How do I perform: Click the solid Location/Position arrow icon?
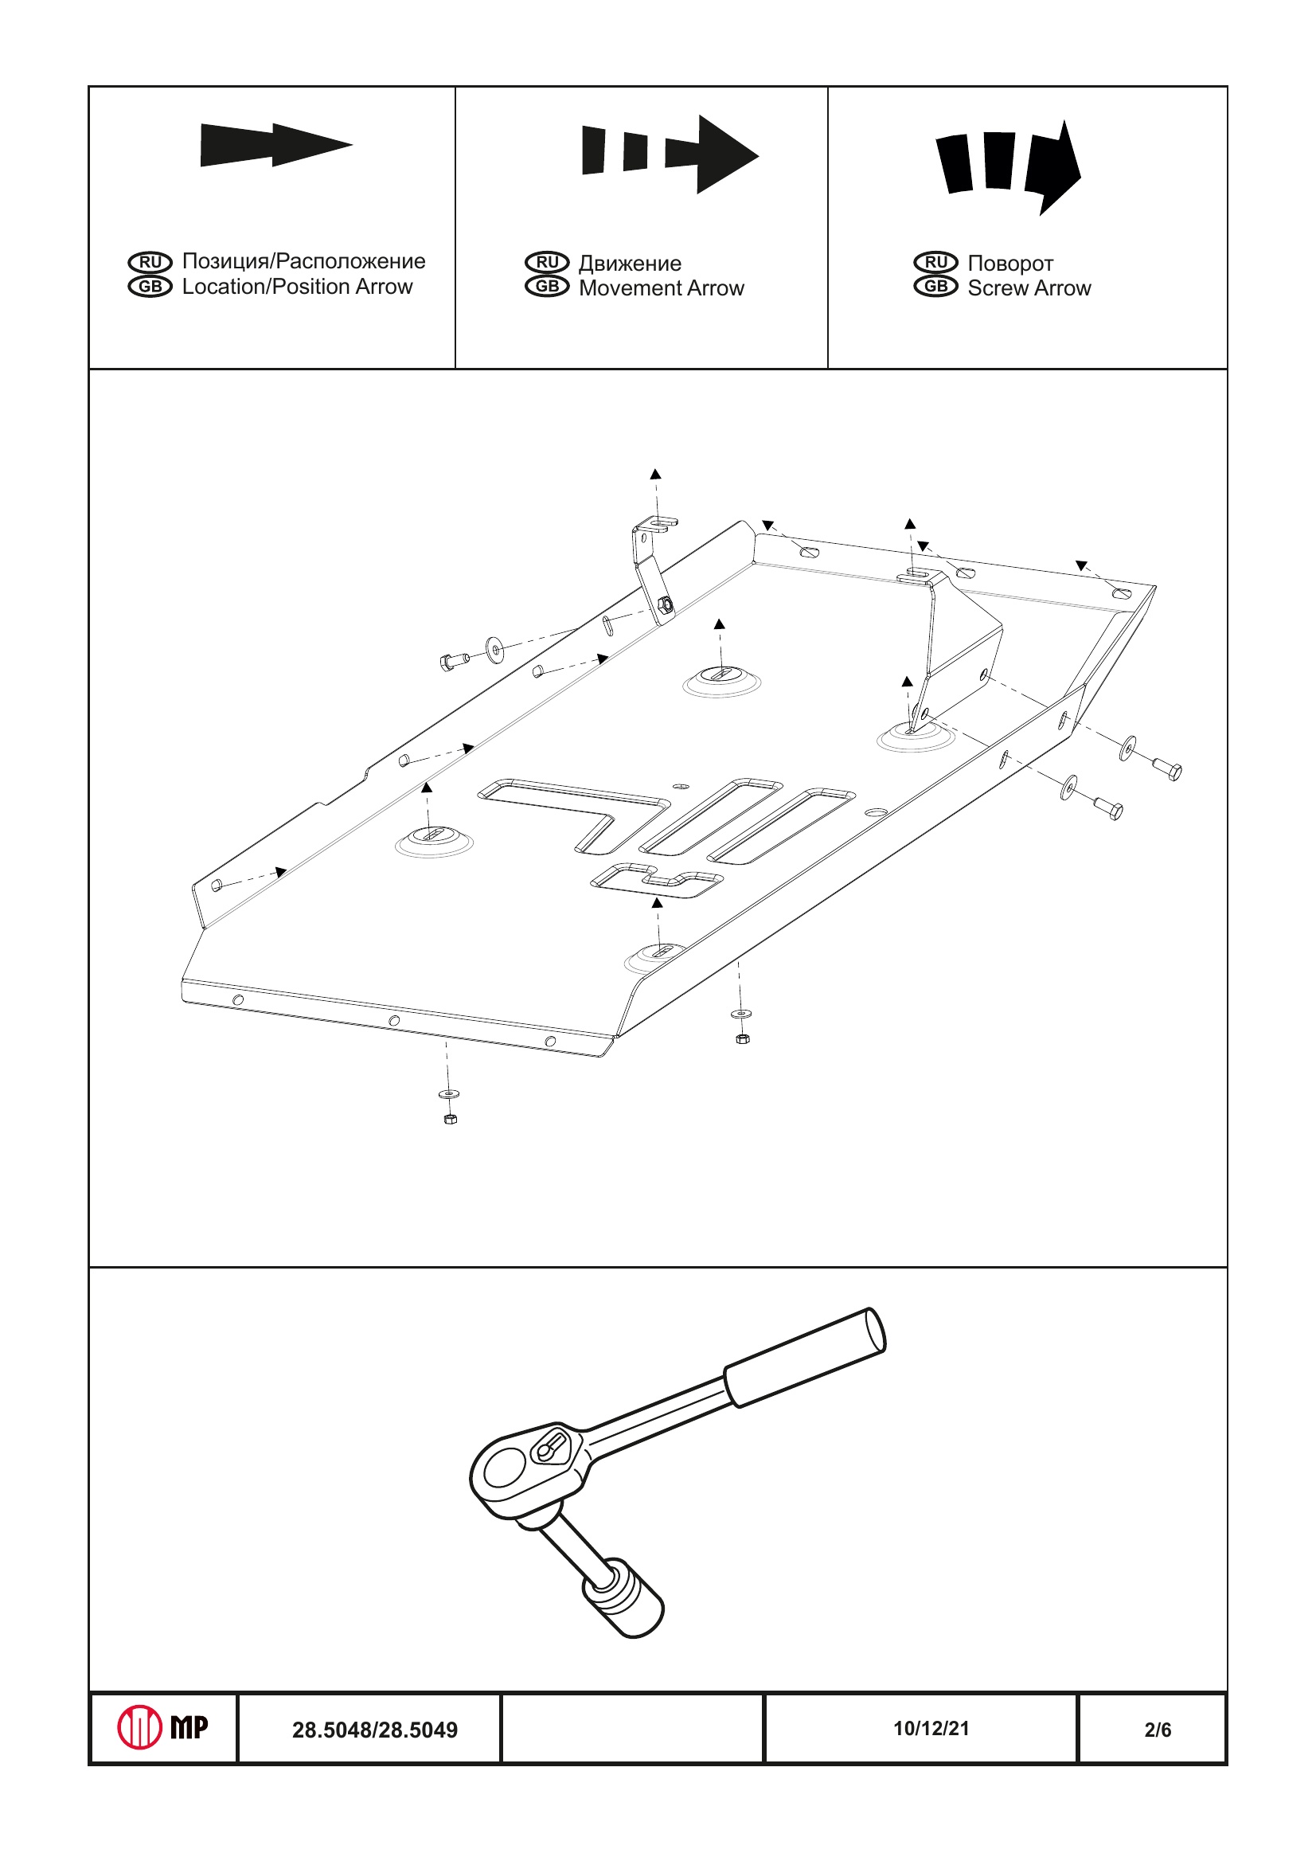[x=275, y=145]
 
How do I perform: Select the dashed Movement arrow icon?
[x=670, y=153]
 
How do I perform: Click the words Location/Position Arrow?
[x=297, y=287]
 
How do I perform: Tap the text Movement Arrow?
[x=662, y=288]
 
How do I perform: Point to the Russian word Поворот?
[x=1009, y=264]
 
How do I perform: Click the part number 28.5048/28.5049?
[x=374, y=1730]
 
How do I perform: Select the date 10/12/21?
[x=931, y=1728]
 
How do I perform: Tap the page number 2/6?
[x=1158, y=1730]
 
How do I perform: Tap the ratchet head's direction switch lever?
[x=551, y=1448]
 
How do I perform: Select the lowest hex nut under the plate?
[x=451, y=1120]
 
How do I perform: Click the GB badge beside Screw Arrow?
[x=935, y=287]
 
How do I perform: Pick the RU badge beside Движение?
[x=547, y=262]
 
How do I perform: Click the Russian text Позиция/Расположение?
[x=303, y=261]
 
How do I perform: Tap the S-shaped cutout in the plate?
[x=656, y=880]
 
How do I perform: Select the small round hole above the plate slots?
[x=681, y=785]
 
